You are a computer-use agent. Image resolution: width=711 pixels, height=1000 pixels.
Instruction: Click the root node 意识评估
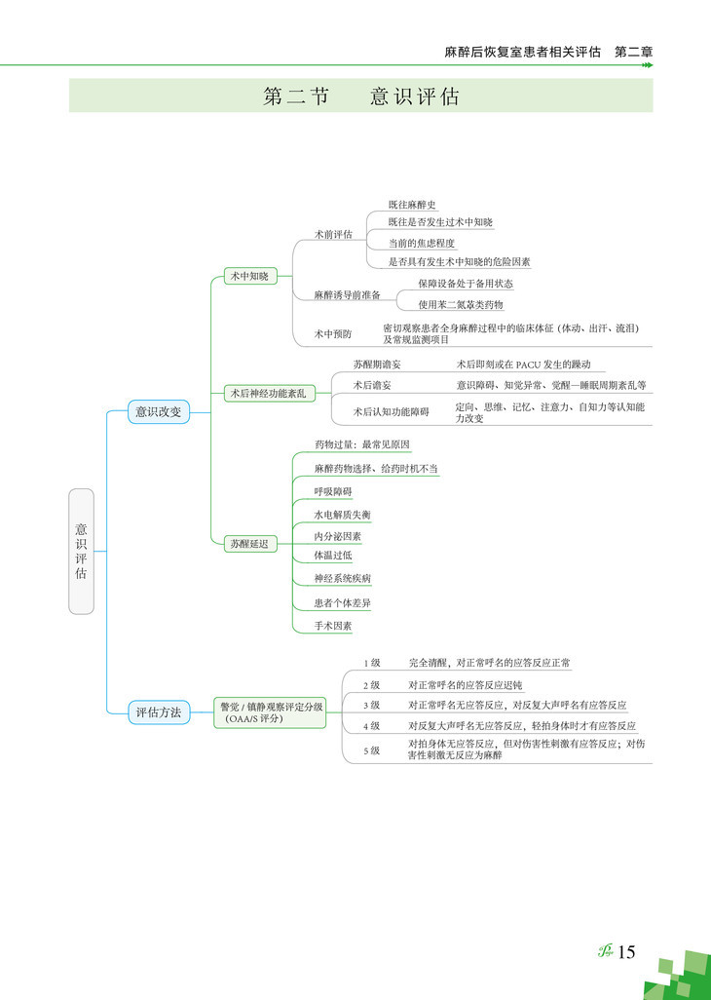tap(81, 551)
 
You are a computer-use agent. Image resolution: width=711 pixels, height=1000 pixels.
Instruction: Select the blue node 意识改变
tap(158, 411)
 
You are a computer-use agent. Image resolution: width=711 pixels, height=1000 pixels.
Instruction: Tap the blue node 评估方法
tap(158, 712)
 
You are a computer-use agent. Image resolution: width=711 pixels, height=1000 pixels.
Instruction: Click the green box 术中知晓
tap(248, 276)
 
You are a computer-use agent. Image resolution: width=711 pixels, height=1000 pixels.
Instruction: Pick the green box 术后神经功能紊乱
tap(268, 393)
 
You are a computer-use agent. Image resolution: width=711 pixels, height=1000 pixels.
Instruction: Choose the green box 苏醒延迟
tap(248, 543)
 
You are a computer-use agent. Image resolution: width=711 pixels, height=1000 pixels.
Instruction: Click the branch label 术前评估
tap(333, 235)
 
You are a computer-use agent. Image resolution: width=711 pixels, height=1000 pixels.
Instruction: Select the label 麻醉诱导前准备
tap(347, 294)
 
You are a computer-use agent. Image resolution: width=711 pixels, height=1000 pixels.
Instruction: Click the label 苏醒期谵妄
tap(377, 364)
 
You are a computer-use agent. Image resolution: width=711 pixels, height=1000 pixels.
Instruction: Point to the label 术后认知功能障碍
tap(391, 411)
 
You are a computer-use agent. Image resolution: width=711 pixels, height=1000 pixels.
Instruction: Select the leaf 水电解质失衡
tap(342, 514)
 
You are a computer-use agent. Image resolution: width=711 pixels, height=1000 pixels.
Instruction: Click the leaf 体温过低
tap(332, 555)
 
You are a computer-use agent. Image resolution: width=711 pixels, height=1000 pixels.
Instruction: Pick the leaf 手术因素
tap(333, 626)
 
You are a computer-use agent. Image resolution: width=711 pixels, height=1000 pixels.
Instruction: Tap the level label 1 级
tap(371, 663)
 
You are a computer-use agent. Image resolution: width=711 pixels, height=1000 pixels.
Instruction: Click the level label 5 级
tap(371, 750)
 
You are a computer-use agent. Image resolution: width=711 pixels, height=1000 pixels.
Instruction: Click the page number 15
tap(626, 952)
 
